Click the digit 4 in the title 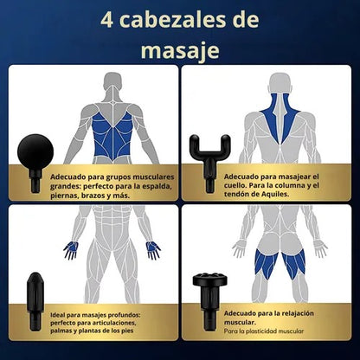[106, 21]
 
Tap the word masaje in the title [180, 51]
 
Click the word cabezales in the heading [172, 20]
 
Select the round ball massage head [35, 152]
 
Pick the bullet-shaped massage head [35, 301]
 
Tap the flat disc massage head [210, 301]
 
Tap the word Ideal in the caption [57, 315]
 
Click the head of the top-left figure [112, 82]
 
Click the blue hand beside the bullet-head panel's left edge [71, 249]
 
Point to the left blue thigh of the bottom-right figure [266, 264]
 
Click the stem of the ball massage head [35, 181]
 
